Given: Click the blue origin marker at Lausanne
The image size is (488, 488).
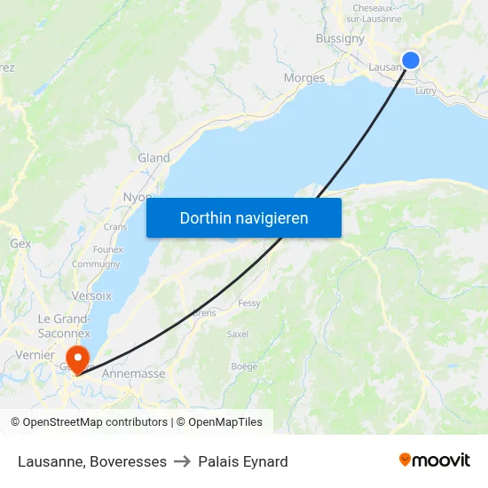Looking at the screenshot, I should [411, 60].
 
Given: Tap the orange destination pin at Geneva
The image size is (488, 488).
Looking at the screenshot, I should [78, 359].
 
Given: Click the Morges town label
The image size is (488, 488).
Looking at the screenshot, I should [303, 78].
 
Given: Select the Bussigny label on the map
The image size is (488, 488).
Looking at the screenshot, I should [340, 38].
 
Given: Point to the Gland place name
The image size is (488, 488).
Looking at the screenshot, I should [153, 158].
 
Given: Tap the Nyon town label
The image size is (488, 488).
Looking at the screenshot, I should [137, 197].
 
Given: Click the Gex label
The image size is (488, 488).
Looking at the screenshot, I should [20, 243].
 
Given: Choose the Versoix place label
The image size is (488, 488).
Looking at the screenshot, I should [92, 295].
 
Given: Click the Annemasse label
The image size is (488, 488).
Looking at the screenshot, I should [134, 374].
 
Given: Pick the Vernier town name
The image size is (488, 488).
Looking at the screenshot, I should [35, 355].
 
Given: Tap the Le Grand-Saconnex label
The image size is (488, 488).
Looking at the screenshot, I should [59, 326].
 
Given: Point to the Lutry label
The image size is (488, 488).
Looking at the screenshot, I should [425, 91].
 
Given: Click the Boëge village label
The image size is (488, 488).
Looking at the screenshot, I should [244, 366].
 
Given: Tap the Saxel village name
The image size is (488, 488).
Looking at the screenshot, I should [238, 335].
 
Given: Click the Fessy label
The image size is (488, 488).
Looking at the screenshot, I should [249, 303].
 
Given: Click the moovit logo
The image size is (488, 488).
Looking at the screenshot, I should [435, 460].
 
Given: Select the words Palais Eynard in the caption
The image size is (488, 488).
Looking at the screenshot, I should [243, 461].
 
